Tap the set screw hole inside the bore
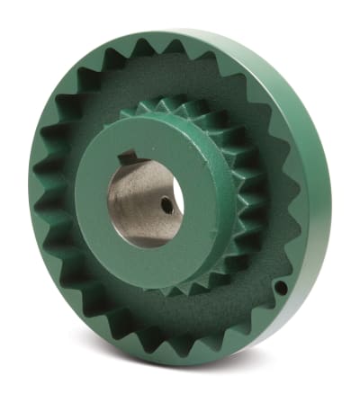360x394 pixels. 166,205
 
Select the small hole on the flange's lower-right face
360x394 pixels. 281,288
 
